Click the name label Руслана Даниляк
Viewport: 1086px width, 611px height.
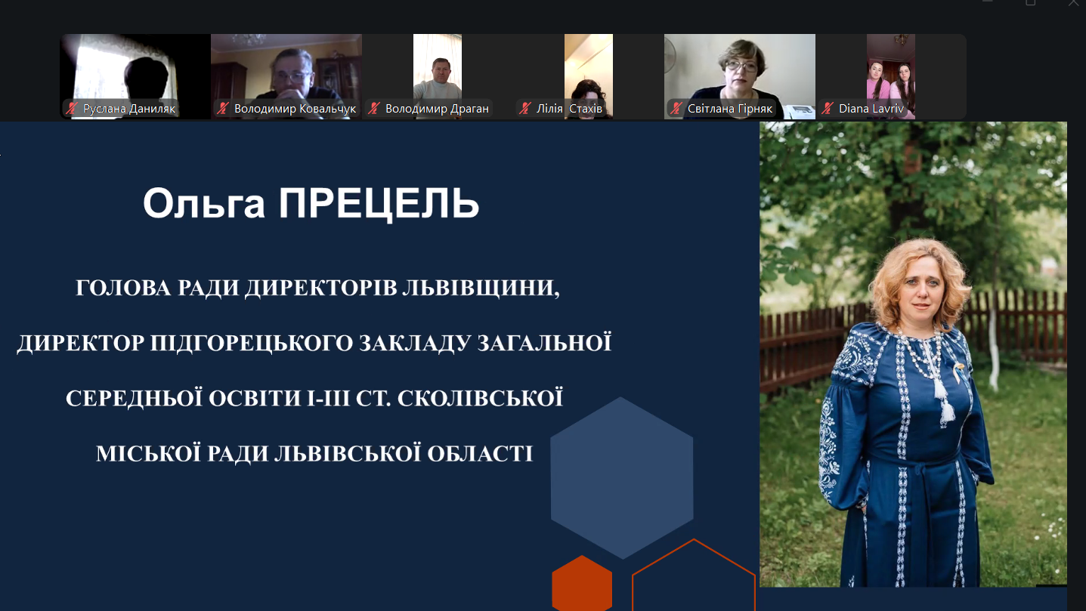pyautogui.click(x=129, y=109)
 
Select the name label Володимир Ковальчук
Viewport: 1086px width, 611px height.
pyautogui.click(x=295, y=109)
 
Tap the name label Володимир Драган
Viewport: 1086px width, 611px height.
pyautogui.click(x=437, y=109)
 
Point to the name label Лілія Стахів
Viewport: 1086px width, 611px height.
pyautogui.click(x=569, y=109)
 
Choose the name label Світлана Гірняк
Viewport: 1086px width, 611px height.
pyautogui.click(x=729, y=109)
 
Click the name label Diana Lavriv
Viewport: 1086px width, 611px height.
pyautogui.click(x=871, y=109)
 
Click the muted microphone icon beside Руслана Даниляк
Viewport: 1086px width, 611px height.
pyautogui.click(x=73, y=109)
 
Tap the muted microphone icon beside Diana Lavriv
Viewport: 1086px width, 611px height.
pyautogui.click(x=828, y=109)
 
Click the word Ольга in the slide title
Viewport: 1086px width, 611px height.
pyautogui.click(x=203, y=203)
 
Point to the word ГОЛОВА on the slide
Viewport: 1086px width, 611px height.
pyautogui.click(x=123, y=288)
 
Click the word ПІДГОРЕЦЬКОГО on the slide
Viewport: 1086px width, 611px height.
pyautogui.click(x=251, y=343)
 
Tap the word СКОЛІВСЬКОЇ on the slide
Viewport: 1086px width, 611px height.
pyautogui.click(x=480, y=398)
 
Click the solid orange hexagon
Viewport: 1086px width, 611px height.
pyautogui.click(x=582, y=583)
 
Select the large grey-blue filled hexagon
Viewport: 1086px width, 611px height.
pyautogui.click(x=621, y=478)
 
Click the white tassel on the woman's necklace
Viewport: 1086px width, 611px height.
pyautogui.click(x=945, y=405)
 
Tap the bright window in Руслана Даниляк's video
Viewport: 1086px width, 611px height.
pyautogui.click(x=100, y=73)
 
